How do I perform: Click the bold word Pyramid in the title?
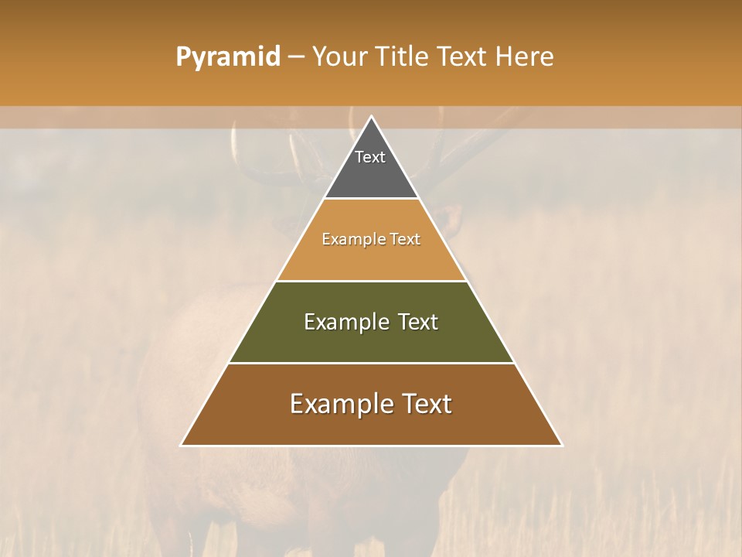coord(227,57)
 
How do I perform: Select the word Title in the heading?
coord(403,56)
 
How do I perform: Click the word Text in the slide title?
coord(461,56)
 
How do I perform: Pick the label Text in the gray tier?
coord(370,157)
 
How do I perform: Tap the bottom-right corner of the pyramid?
coord(561,445)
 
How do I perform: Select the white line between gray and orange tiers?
coord(372,199)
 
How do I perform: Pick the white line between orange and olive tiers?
coord(372,281)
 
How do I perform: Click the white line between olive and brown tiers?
coord(372,363)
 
